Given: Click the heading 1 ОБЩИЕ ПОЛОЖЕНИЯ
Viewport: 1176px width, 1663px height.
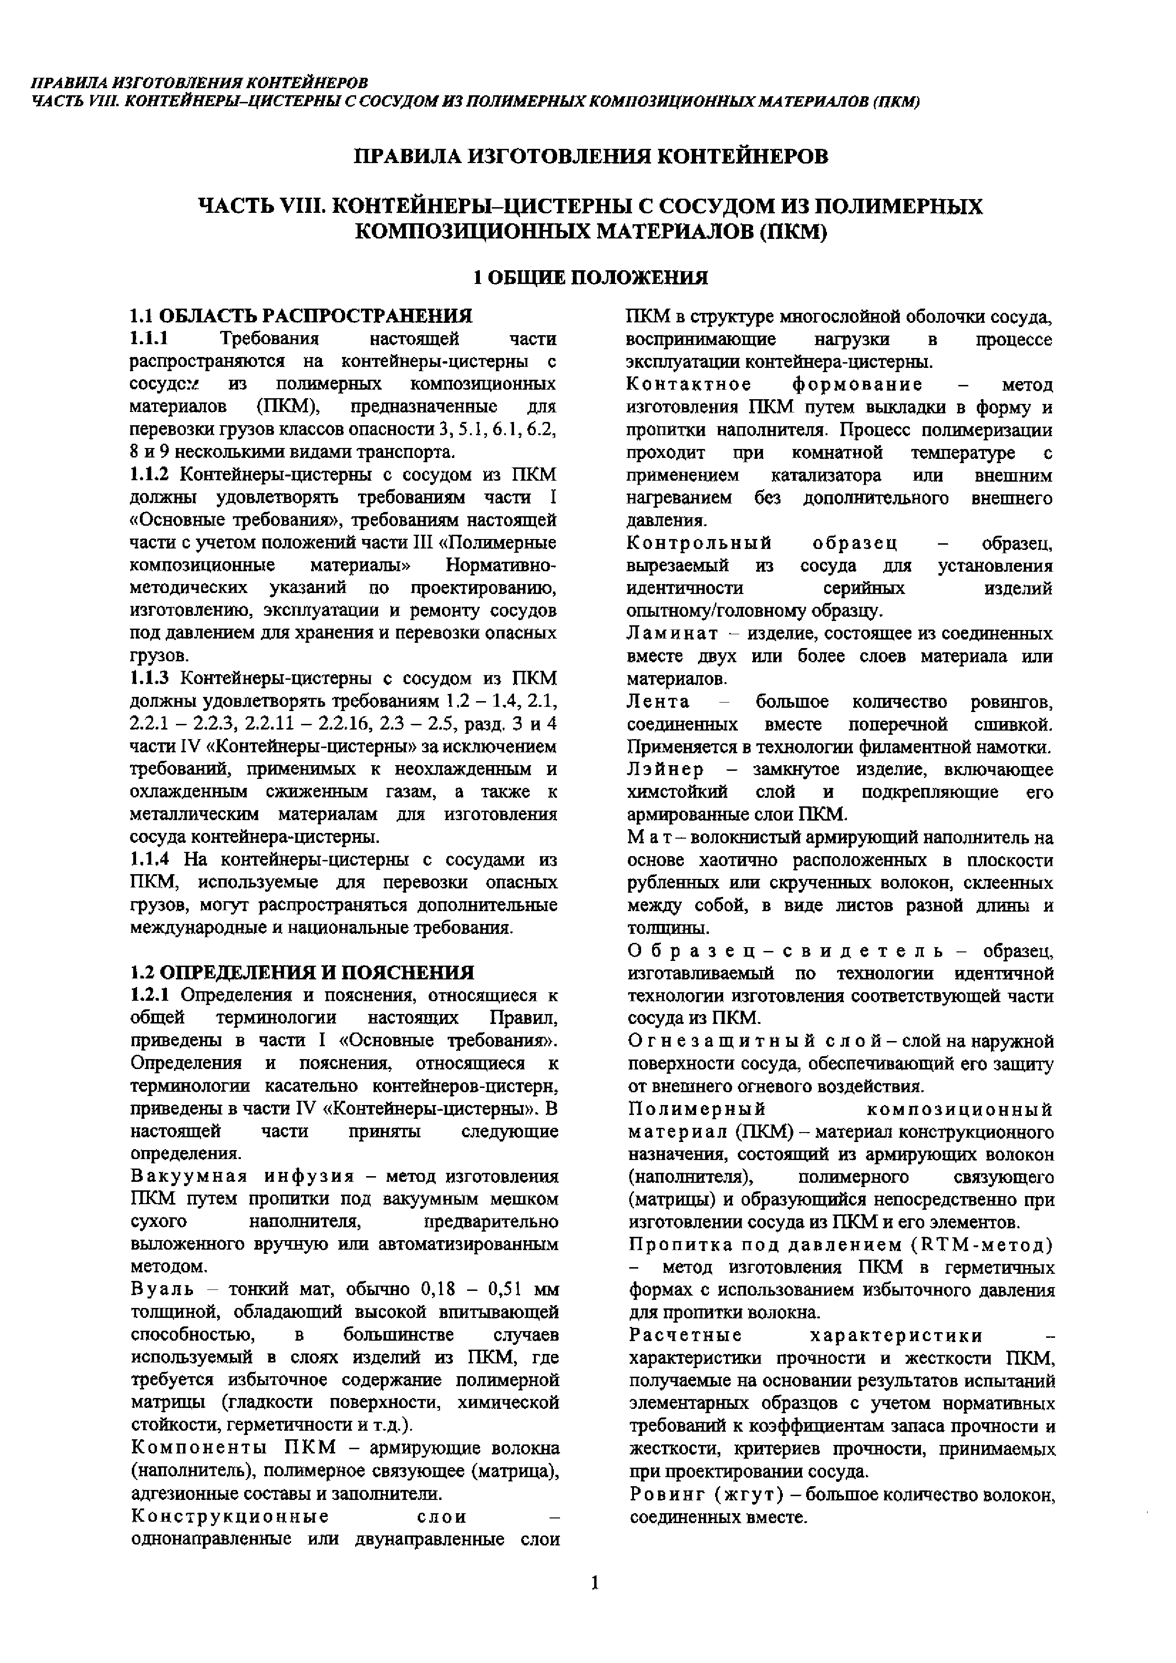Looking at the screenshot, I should coord(590,278).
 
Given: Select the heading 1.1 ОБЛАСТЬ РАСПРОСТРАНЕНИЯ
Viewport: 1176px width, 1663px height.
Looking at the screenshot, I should coord(301,317).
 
